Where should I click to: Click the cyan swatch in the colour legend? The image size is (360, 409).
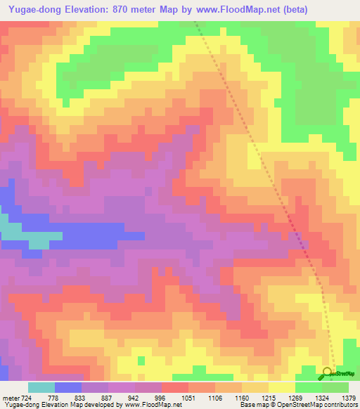click(x=41, y=387)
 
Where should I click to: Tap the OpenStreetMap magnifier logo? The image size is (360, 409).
click(x=328, y=374)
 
